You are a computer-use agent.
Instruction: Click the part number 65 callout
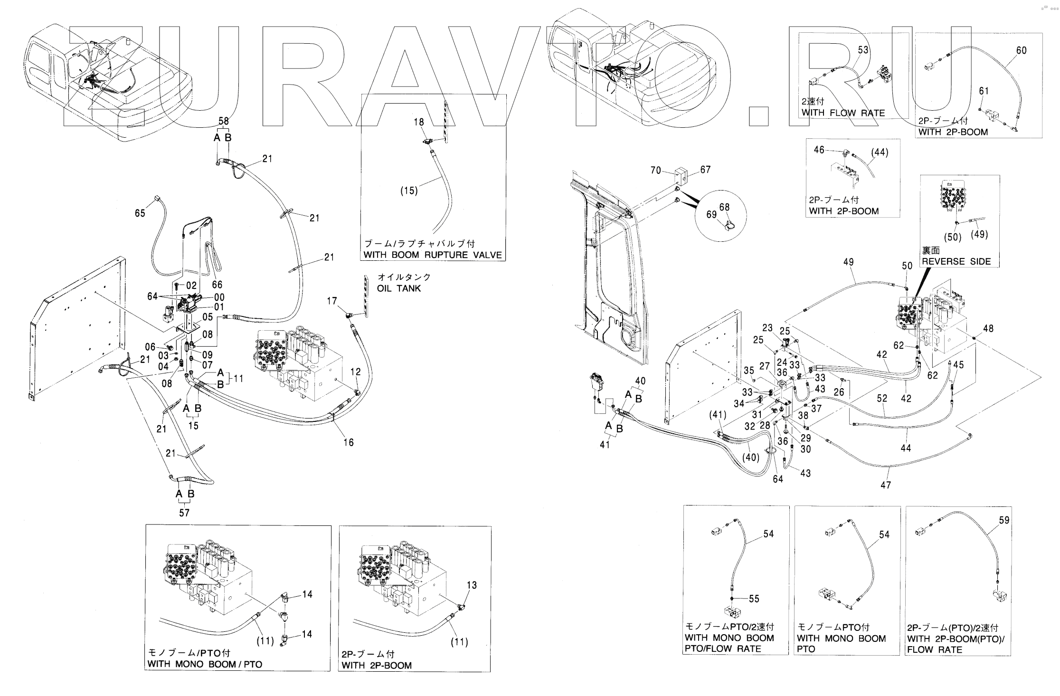click(x=140, y=213)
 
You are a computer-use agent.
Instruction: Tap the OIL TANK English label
click(x=399, y=288)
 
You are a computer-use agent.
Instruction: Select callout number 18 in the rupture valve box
click(x=418, y=122)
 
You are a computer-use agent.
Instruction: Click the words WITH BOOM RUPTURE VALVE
click(x=432, y=255)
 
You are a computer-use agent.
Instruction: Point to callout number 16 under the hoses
click(x=349, y=442)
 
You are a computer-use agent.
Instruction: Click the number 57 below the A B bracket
click(x=184, y=513)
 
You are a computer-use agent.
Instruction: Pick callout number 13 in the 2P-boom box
click(x=471, y=585)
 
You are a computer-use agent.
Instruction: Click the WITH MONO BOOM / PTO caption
click(x=205, y=664)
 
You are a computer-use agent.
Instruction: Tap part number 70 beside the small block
click(x=656, y=170)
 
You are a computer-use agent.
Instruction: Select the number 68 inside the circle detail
click(x=724, y=207)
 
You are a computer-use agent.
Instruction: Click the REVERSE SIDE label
click(x=956, y=261)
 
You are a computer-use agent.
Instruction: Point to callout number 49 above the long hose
click(x=848, y=262)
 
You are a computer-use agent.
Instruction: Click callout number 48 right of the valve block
click(x=988, y=328)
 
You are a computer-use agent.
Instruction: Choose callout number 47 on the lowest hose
click(x=886, y=485)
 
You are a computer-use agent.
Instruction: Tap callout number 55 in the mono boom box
click(x=754, y=599)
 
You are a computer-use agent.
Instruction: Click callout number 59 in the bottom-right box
click(x=1004, y=520)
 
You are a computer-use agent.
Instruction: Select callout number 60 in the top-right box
click(x=1021, y=50)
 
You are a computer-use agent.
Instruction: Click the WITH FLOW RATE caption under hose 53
click(x=843, y=113)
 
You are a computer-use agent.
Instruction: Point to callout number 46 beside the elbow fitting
click(x=819, y=150)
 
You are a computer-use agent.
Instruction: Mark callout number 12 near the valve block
click(x=356, y=372)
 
